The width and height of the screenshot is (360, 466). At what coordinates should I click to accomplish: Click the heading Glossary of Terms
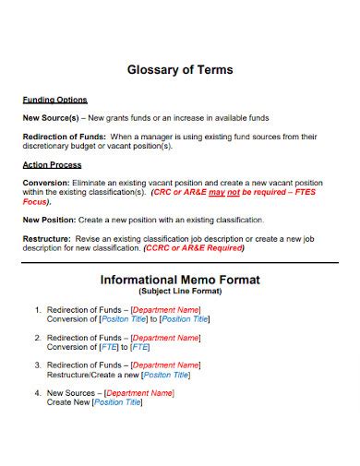tap(179, 69)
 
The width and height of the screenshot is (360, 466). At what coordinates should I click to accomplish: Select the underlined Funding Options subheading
tap(54, 100)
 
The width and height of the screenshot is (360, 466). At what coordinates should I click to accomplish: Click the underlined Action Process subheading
tap(52, 164)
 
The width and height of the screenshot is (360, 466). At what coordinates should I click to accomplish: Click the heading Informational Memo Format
tap(179, 279)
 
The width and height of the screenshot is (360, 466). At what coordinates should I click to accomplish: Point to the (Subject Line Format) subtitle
tap(179, 291)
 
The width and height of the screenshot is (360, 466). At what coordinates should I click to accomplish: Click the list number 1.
tap(36, 310)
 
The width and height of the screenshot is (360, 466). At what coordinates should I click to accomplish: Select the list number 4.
tap(36, 393)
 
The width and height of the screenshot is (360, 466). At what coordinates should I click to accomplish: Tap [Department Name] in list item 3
tap(165, 365)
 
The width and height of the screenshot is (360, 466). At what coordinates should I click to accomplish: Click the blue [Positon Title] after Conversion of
tap(125, 319)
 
